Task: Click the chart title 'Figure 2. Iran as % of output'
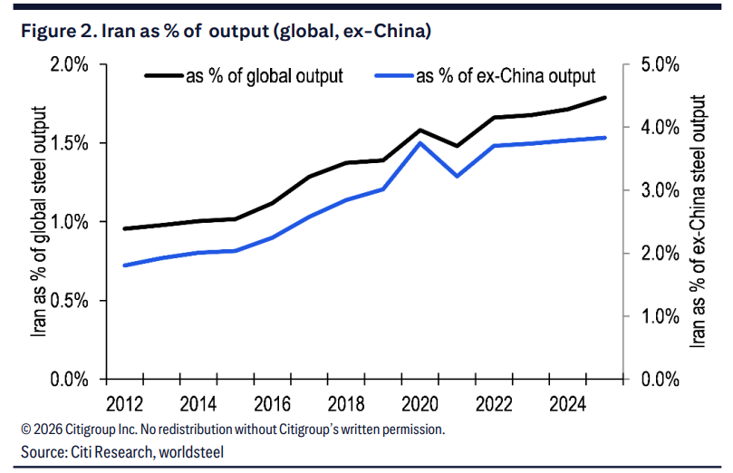225,32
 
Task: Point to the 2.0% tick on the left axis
69,65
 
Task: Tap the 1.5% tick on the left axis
69,143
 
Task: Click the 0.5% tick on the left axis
69,300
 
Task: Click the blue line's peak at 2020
420,142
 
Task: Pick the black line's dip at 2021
458,145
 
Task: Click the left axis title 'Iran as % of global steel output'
39,222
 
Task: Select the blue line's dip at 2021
458,176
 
